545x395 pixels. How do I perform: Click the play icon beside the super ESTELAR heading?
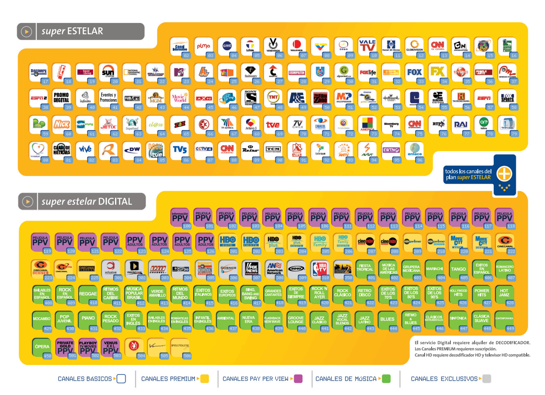click(x=26, y=32)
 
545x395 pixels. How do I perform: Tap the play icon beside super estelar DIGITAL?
click(x=27, y=201)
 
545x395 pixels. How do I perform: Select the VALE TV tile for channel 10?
click(x=367, y=46)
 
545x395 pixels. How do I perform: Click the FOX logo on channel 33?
click(x=414, y=72)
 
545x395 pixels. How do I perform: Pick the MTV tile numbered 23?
click(x=179, y=72)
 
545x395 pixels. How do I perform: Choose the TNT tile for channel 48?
click(x=273, y=98)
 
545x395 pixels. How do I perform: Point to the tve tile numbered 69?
click(x=273, y=124)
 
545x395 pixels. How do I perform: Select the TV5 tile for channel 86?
click(x=179, y=150)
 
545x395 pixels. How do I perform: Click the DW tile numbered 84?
click(x=132, y=150)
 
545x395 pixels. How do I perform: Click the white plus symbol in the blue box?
click(x=504, y=174)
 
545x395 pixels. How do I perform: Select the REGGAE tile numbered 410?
click(x=88, y=295)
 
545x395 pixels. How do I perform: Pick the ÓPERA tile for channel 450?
click(x=42, y=347)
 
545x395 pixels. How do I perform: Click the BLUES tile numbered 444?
click(x=387, y=320)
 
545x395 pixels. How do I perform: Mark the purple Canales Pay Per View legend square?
click(x=299, y=379)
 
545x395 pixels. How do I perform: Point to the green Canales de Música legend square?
click(x=386, y=379)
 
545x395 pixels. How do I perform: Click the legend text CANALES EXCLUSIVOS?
click(x=444, y=379)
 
